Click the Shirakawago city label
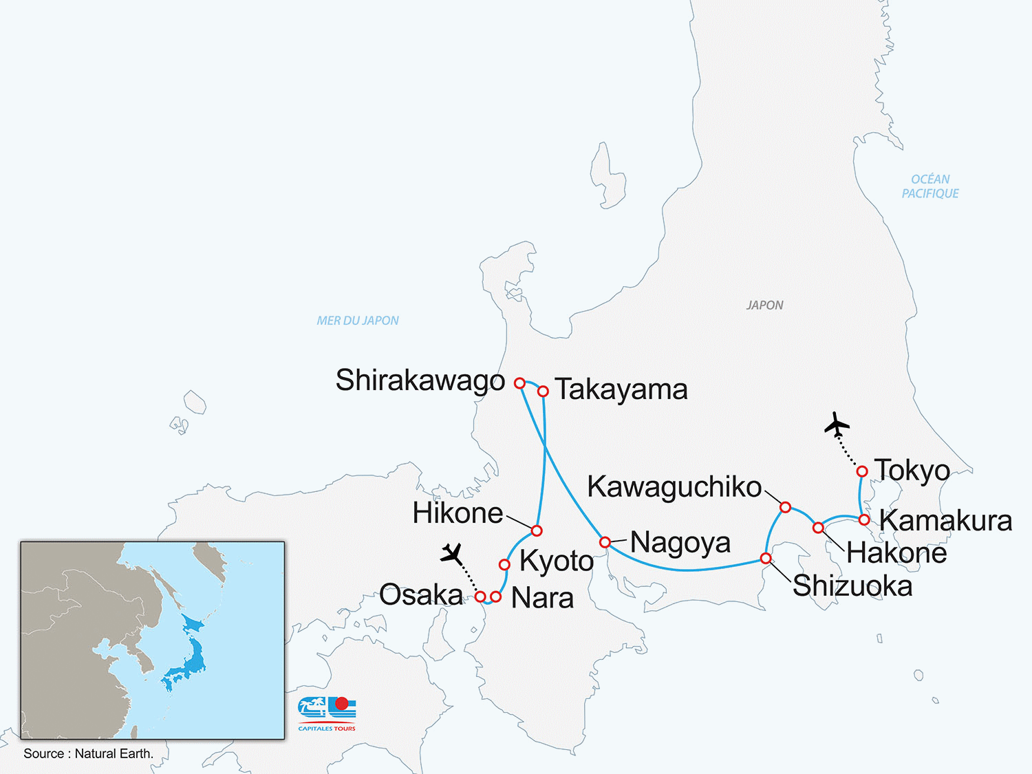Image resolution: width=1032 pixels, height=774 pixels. click(x=420, y=380)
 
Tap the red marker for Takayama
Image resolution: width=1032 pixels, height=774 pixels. click(x=543, y=391)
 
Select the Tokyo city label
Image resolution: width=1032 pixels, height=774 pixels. click(x=912, y=471)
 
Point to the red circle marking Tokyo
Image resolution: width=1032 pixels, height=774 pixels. click(x=862, y=471)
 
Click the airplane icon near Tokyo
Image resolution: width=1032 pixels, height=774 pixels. click(x=837, y=424)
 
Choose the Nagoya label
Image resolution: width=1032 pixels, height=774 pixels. click(x=680, y=543)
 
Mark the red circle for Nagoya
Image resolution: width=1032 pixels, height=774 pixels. click(x=605, y=542)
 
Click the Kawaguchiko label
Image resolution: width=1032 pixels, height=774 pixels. click(x=674, y=487)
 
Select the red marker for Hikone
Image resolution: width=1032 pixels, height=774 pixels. click(x=537, y=530)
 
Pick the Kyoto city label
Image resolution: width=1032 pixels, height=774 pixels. click(x=557, y=561)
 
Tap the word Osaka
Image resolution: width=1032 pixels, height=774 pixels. click(x=421, y=595)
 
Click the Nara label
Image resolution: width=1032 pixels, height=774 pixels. click(x=542, y=598)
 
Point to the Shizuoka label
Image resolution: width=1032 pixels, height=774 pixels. click(x=852, y=586)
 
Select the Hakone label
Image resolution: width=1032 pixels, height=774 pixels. click(x=896, y=553)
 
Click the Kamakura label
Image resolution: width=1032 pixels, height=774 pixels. click(x=945, y=521)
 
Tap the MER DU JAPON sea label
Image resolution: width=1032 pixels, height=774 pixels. click(x=358, y=321)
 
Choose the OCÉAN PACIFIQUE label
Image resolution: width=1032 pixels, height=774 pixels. click(x=930, y=186)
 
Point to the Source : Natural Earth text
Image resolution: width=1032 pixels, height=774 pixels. click(x=88, y=753)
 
